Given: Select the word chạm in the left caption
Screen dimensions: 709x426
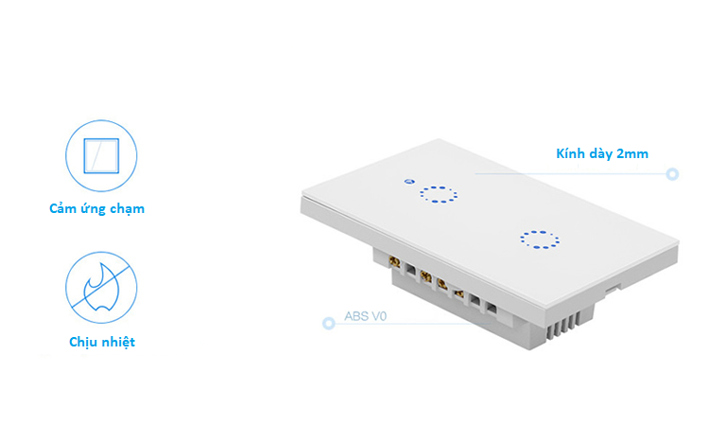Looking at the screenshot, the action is [128, 208].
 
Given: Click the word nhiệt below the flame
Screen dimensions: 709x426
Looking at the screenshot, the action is [118, 342].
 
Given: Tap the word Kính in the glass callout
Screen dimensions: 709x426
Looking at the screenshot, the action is [570, 153].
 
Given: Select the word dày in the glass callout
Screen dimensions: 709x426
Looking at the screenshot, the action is [600, 153].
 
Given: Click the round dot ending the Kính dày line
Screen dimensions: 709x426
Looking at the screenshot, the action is [672, 174].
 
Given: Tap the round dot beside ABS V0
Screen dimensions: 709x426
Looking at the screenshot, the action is [329, 324].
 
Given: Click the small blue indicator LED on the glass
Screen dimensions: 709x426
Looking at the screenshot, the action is [407, 180].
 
